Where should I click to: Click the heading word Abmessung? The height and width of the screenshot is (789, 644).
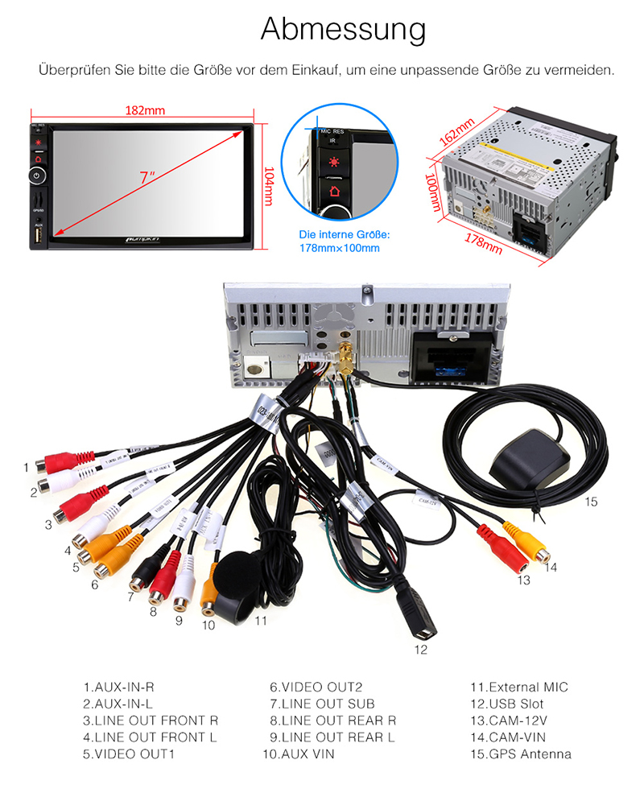(x=343, y=30)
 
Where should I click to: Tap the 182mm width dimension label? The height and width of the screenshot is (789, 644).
(x=145, y=111)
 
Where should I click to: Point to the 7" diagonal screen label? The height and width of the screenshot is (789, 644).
(x=146, y=178)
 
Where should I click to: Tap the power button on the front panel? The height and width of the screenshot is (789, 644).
(x=39, y=175)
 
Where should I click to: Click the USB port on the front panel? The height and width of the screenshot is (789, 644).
(x=39, y=234)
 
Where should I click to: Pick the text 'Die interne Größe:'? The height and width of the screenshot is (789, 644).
(x=344, y=234)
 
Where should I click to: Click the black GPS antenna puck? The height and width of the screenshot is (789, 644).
(x=529, y=459)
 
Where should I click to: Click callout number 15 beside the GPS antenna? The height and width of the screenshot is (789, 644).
(x=592, y=502)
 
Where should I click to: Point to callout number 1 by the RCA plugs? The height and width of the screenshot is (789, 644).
(x=26, y=466)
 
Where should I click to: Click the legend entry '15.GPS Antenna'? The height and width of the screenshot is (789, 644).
(x=521, y=754)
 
